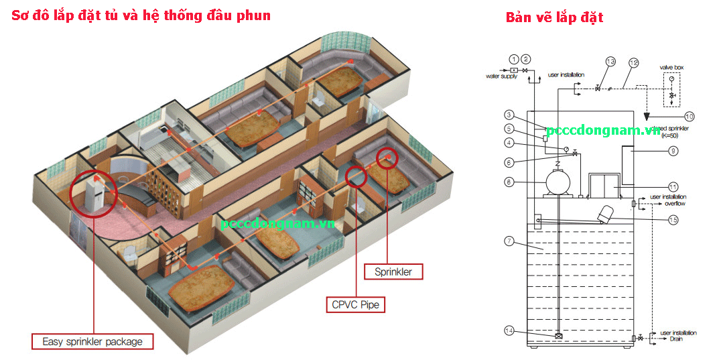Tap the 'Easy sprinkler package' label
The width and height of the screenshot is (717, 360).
tap(92, 341)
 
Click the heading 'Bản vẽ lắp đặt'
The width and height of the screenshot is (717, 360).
tap(554, 17)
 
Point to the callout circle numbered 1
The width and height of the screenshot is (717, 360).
tap(514, 59)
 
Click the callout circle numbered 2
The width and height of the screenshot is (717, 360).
tap(526, 59)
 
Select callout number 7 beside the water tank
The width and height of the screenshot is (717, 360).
tap(509, 241)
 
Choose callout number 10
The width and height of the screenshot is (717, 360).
tap(690, 115)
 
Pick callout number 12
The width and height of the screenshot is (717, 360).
tap(633, 63)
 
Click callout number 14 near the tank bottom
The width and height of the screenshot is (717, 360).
tap(511, 330)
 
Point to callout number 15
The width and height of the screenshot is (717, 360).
tap(673, 219)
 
